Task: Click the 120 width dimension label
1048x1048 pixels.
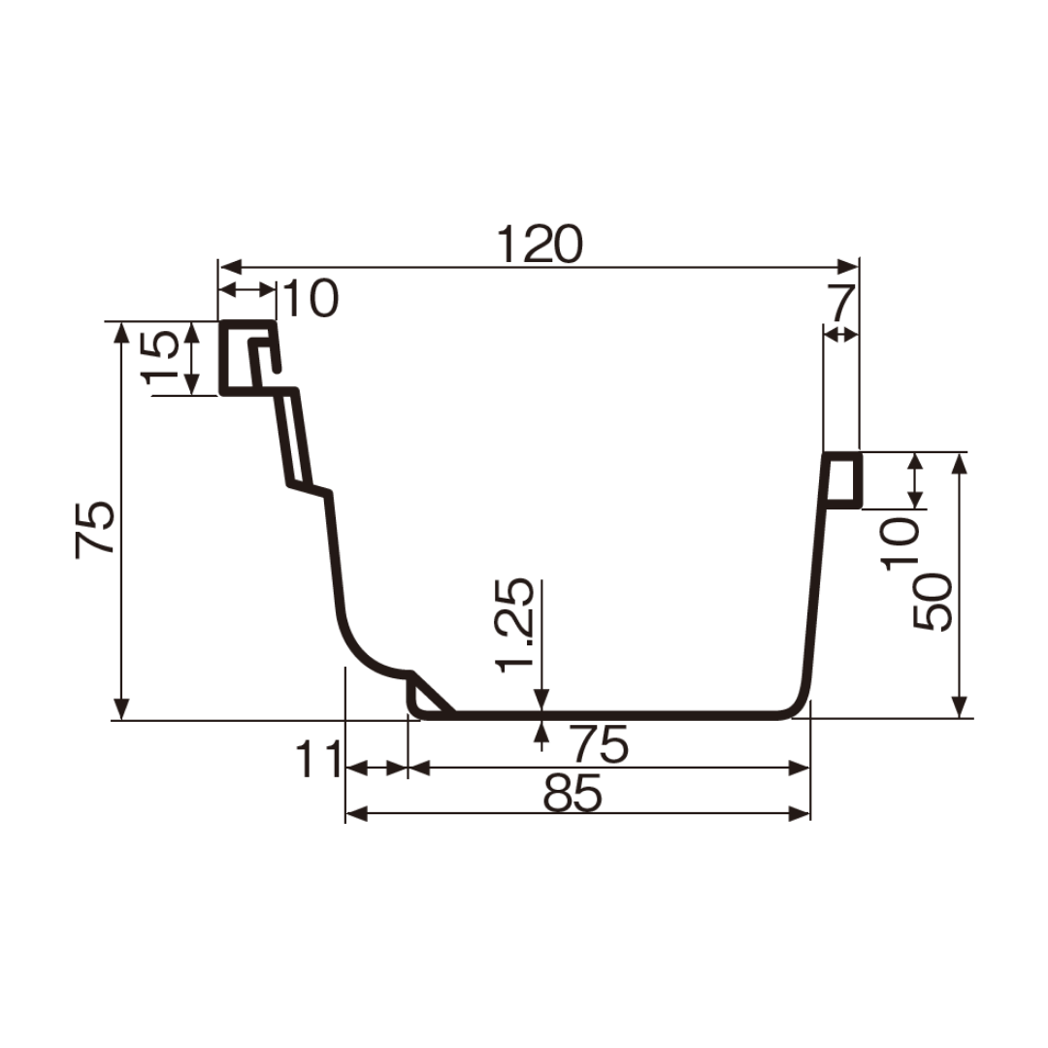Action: [540, 245]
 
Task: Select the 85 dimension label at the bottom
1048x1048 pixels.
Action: [573, 794]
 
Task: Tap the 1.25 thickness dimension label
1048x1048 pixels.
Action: [514, 624]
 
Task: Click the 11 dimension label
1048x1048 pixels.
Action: [318, 759]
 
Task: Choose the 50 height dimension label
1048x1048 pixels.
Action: [932, 602]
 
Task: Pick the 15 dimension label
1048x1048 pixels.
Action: [161, 357]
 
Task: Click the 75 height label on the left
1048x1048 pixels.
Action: [95, 530]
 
